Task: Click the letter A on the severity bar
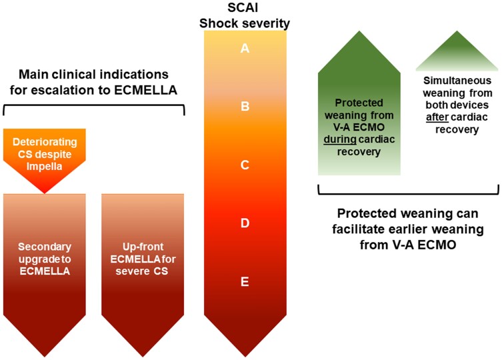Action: [x=245, y=48]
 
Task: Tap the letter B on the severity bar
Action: [x=245, y=106]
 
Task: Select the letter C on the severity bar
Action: [x=245, y=165]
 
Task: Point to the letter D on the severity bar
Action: [x=245, y=223]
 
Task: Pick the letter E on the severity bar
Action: [x=245, y=281]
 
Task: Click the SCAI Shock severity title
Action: [x=245, y=15]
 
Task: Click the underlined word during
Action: [x=340, y=139]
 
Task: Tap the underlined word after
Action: [x=437, y=117]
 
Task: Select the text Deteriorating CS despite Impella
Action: [x=45, y=154]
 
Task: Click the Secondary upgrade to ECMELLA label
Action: [x=45, y=259]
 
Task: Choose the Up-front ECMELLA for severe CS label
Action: [x=143, y=259]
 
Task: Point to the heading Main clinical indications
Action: [x=93, y=74]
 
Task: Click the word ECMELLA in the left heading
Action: [x=145, y=90]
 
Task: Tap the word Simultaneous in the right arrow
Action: [x=457, y=80]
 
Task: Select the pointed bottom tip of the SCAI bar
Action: [x=245, y=357]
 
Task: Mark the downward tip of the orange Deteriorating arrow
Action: [x=45, y=193]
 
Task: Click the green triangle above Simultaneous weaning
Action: [x=457, y=51]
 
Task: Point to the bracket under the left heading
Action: [x=94, y=106]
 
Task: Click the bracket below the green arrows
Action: [x=408, y=193]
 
